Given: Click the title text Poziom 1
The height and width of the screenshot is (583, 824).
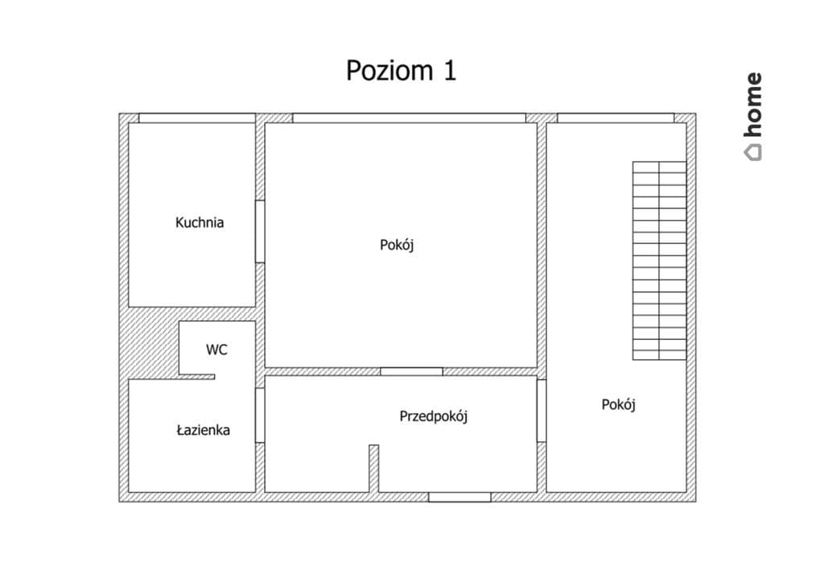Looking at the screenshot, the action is point(401,70).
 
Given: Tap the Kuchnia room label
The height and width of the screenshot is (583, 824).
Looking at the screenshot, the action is point(200,222).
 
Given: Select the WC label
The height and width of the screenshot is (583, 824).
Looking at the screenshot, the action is point(216,349).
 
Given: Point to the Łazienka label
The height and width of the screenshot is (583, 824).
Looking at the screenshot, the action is point(204,430).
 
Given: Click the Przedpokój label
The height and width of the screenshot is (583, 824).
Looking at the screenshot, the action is point(434,416).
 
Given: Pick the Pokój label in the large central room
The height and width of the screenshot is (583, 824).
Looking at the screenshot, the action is point(397,245).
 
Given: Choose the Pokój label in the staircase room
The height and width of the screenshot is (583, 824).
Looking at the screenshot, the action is point(619,405).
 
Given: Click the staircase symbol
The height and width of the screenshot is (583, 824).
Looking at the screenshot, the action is point(660,261).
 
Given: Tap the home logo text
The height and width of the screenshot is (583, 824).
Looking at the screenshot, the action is point(753,105).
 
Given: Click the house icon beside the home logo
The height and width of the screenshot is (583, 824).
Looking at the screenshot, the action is point(753,152).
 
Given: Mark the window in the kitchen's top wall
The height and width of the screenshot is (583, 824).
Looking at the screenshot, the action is point(197,118).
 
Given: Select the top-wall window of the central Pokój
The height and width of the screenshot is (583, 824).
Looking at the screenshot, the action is point(409,118).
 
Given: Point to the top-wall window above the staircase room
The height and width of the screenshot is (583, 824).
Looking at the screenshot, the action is point(616,118).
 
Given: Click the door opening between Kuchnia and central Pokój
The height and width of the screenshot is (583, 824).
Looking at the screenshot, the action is point(260,231).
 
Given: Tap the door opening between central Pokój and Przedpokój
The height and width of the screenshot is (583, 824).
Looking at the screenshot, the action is point(411,372).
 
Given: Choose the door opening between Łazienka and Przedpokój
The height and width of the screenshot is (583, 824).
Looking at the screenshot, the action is point(260,416).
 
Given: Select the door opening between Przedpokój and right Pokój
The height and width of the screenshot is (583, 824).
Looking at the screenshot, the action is point(542,411).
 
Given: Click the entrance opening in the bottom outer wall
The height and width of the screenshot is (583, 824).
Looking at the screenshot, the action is point(459,498).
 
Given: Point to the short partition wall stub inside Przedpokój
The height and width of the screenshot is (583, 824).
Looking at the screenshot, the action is point(373,469).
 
